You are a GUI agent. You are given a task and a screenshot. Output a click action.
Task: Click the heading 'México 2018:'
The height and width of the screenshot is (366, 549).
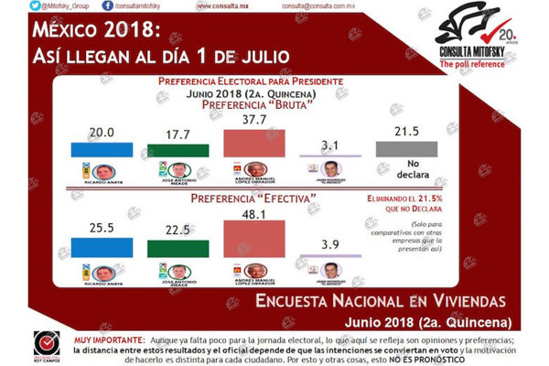pyautogui.click(x=100, y=31)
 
